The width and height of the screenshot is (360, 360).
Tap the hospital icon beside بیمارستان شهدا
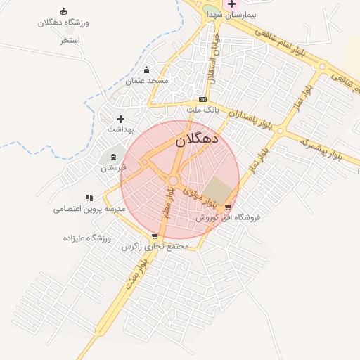231,4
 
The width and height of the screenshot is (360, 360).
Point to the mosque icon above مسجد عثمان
146,70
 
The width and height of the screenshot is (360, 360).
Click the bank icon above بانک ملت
202,99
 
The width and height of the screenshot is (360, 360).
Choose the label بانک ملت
203,110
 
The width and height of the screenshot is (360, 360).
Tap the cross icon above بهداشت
120,119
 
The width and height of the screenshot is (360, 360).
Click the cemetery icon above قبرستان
114,156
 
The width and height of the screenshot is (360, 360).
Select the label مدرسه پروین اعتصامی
89,210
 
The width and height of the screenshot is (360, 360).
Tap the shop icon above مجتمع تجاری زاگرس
155,236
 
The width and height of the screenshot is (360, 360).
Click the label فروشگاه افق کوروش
228,217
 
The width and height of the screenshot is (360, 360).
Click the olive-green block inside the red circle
219,192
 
